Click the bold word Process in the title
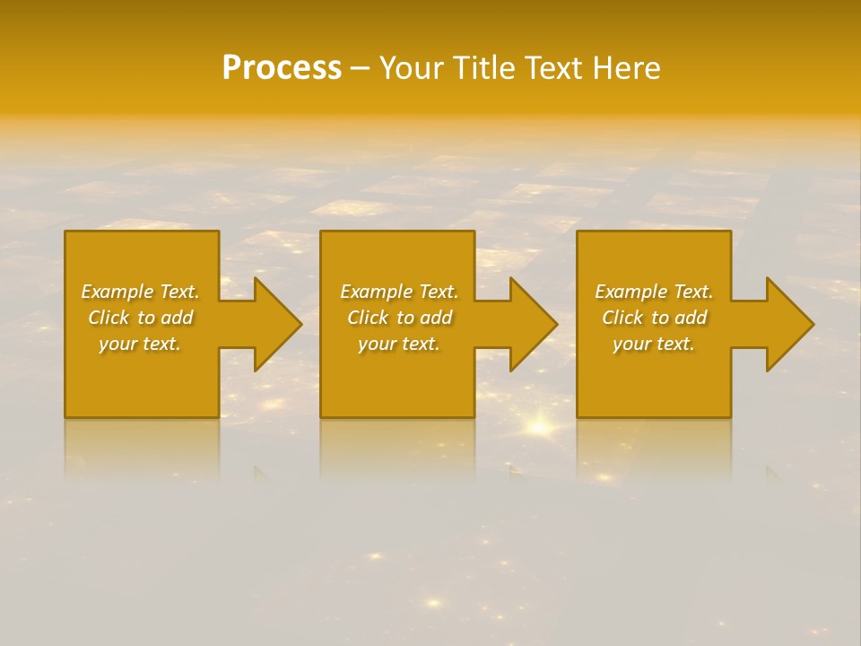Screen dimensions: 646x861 [282, 68]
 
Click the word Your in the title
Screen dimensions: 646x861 [413, 68]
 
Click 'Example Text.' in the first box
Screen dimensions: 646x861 [140, 292]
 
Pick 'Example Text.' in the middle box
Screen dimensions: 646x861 [399, 292]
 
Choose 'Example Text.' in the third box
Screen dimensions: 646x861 [654, 292]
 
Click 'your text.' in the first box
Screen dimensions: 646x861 [140, 344]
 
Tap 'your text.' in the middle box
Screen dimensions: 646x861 [399, 344]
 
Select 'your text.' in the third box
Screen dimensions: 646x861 [654, 344]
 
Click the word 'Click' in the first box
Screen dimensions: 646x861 [109, 318]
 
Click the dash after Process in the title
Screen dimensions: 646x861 [361, 69]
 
